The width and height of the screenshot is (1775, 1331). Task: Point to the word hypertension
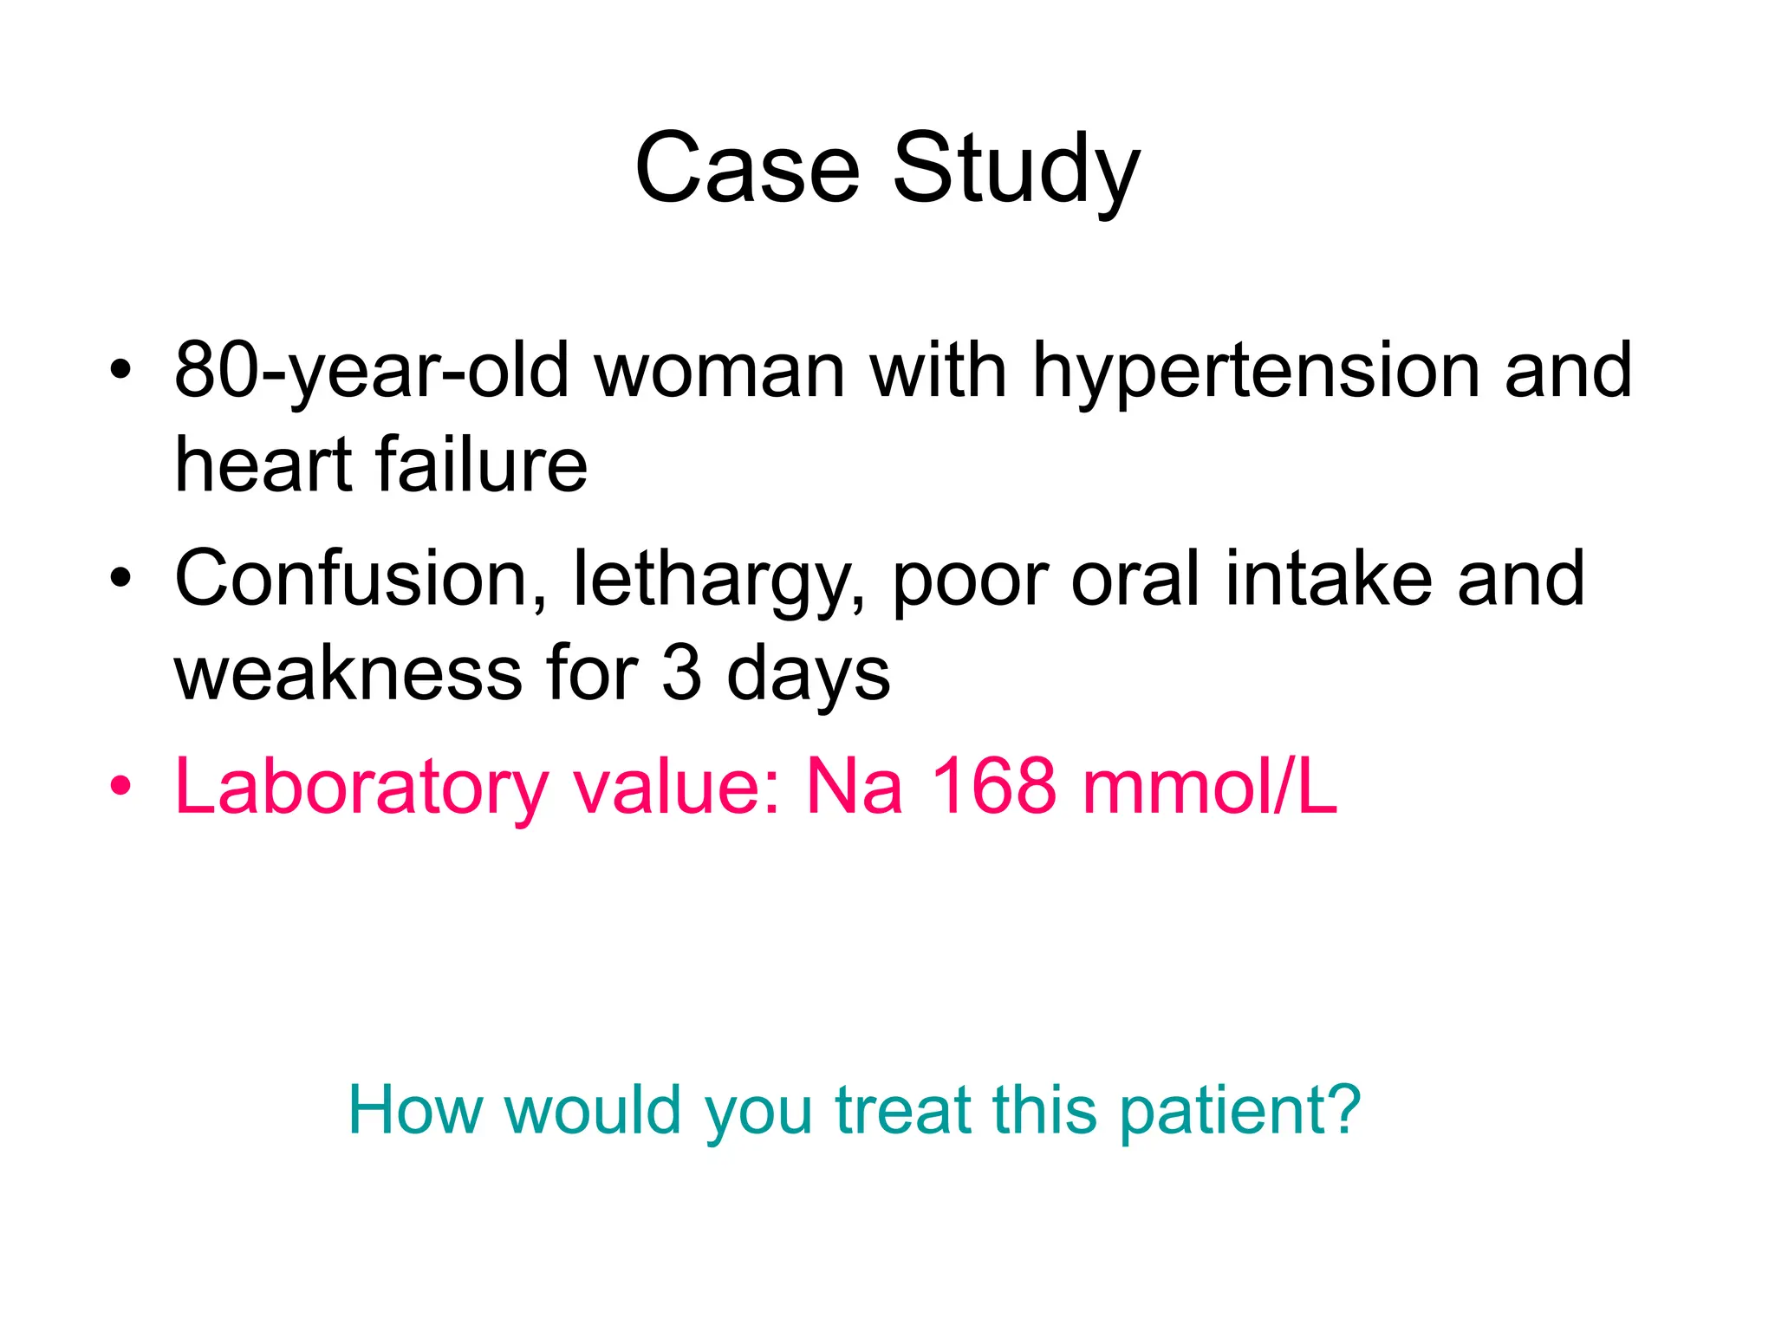tap(1256, 371)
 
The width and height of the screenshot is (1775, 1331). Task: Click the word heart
tap(262, 464)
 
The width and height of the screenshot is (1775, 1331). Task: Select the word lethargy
tap(718, 579)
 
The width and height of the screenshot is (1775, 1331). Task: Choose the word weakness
tap(347, 674)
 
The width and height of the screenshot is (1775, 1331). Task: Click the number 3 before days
tap(681, 674)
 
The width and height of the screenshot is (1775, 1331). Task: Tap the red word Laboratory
tap(361, 787)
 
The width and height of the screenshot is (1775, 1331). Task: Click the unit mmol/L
tap(1210, 787)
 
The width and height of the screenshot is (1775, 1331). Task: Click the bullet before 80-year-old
tap(121, 371)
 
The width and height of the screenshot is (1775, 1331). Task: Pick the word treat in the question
tap(901, 1111)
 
